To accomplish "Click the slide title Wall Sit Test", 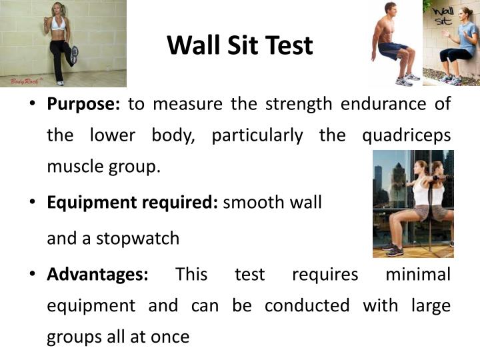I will [x=239, y=45].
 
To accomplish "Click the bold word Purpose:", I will [x=83, y=105].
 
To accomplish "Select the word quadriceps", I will [x=406, y=135].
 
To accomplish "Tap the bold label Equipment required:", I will [x=132, y=202].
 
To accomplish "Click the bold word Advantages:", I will [x=97, y=274].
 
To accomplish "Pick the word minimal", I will [x=418, y=274].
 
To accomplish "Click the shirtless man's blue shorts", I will [x=393, y=48].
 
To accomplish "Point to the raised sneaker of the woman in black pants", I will [x=74, y=52].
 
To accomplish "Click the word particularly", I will [x=257, y=135].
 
